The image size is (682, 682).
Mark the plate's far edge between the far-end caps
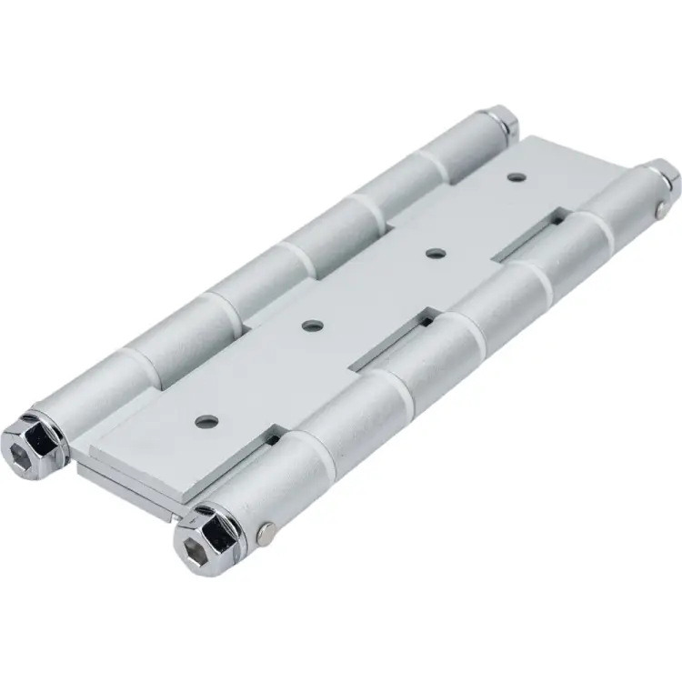tap(564, 145)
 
